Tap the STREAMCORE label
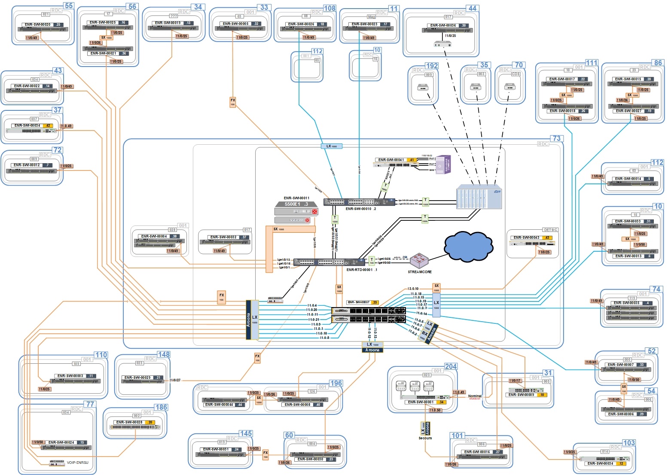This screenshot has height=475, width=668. click(x=420, y=272)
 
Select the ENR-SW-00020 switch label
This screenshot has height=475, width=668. click(x=37, y=25)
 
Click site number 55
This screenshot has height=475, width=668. click(x=69, y=6)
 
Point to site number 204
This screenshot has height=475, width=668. click(x=451, y=366)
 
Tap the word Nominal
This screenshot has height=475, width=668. click(x=475, y=396)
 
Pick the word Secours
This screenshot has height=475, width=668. click(x=425, y=438)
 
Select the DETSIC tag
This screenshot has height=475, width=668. click(x=550, y=230)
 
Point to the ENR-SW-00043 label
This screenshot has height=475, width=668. click(x=526, y=237)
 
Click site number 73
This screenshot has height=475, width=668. click(x=557, y=138)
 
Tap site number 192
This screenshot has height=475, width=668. click(x=432, y=66)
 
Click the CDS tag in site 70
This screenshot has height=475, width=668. click(x=515, y=74)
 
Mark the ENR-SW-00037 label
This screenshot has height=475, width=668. click(x=358, y=302)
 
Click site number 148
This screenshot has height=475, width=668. click(x=164, y=354)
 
